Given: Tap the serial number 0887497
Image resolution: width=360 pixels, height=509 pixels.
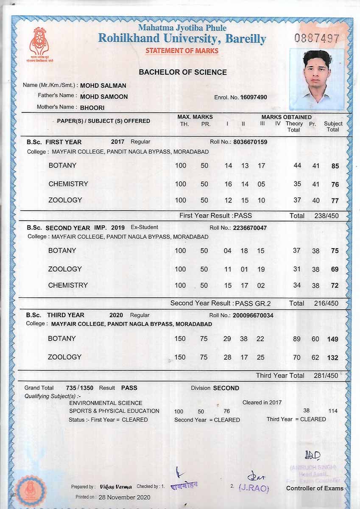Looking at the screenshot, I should click(317, 38).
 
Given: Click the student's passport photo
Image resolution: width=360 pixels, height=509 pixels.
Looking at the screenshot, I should click(317, 79).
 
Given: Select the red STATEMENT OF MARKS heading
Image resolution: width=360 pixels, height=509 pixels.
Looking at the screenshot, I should click(182, 51).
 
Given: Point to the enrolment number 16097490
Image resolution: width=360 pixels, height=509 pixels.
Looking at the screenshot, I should click(254, 97).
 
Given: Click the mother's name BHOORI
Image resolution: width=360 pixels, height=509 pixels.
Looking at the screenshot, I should click(92, 108).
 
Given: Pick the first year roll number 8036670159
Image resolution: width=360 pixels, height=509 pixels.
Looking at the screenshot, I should click(250, 142).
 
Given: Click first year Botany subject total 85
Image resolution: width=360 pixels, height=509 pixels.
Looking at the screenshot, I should click(335, 166).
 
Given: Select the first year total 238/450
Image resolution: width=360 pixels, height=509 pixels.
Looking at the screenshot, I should click(326, 216).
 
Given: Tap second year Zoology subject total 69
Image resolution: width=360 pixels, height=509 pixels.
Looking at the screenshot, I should click(335, 269).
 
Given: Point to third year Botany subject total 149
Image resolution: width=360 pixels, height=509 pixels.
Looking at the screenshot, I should click(332, 339).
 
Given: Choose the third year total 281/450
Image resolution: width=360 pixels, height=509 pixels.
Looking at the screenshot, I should click(326, 376).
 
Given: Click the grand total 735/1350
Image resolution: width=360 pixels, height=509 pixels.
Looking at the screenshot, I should click(80, 388).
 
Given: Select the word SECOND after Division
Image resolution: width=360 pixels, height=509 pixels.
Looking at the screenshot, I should click(226, 388).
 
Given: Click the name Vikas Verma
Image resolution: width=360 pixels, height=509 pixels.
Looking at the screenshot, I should click(116, 487).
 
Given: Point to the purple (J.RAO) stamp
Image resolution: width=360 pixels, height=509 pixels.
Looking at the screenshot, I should click(254, 488).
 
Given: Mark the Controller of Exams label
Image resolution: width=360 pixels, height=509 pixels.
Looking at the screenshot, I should click(315, 488).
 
